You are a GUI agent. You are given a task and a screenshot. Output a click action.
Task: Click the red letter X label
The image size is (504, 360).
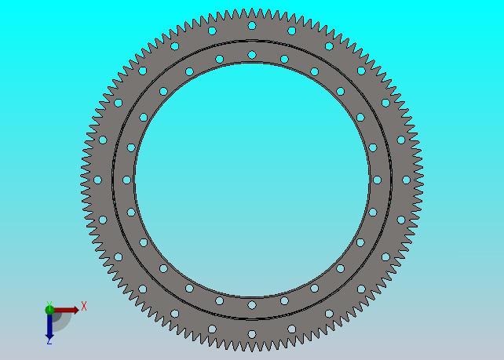[84, 306]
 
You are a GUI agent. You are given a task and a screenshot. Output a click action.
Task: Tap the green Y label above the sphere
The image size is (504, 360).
[49, 304]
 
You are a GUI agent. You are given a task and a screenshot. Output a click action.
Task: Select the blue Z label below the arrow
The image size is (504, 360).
[49, 342]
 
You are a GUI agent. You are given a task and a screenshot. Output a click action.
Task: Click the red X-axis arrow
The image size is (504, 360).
[66, 310]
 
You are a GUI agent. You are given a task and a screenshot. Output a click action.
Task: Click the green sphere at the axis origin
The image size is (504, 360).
[49, 310]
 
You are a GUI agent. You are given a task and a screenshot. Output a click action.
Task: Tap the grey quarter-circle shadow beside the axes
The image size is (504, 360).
[62, 321]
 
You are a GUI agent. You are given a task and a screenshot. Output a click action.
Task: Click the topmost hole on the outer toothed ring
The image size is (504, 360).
[252, 25]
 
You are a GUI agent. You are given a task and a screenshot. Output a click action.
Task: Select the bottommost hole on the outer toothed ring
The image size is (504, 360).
[252, 334]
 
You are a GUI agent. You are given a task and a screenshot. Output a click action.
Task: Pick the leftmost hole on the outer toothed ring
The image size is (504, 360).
[97, 180]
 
